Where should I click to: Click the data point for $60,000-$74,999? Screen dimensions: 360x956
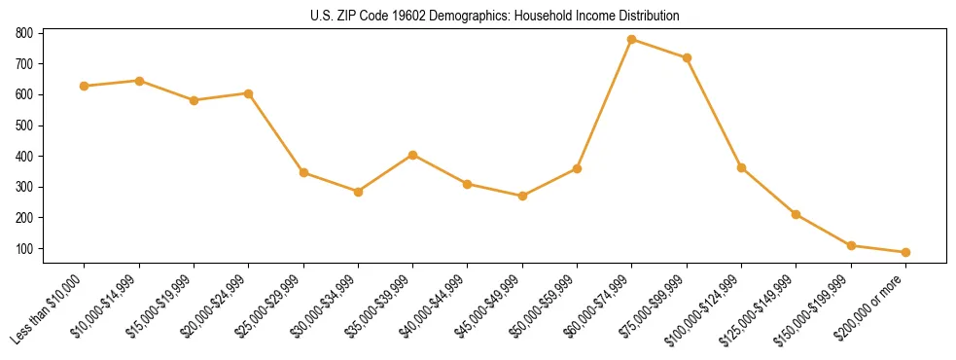coord(632,40)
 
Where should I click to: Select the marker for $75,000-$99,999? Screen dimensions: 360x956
coord(687,58)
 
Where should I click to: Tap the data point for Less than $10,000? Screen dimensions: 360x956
coord(85,86)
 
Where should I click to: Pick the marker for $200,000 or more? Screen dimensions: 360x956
coord(905,252)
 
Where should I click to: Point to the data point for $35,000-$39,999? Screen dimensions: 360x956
coord(413,155)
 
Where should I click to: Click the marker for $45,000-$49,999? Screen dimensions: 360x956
coord(522,196)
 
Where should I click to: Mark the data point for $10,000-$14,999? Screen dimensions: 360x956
coord(139,81)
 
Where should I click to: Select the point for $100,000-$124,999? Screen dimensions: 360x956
coord(741,167)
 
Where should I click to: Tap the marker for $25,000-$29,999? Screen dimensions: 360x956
coord(303,173)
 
